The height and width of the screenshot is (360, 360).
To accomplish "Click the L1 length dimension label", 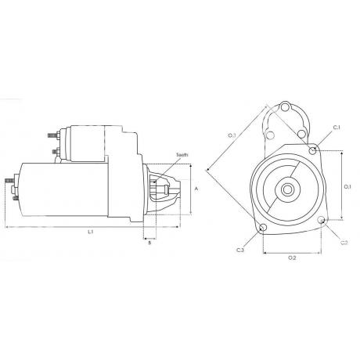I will coord(91,232).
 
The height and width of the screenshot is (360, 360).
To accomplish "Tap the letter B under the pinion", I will coord(149,243).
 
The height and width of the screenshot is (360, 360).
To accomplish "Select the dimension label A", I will coord(196,189).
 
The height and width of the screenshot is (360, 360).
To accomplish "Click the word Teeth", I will coord(183,156).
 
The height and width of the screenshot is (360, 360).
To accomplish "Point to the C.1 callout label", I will coord(337,127).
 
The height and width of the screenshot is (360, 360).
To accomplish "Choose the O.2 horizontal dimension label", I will coord(291,257).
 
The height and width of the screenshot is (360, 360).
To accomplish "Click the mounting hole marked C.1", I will coord(314,149).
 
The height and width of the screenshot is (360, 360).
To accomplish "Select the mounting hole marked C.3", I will coord(263,229).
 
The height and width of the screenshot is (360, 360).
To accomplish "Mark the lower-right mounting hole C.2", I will coord(322,222).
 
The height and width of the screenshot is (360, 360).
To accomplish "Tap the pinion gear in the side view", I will coord(163,188).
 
